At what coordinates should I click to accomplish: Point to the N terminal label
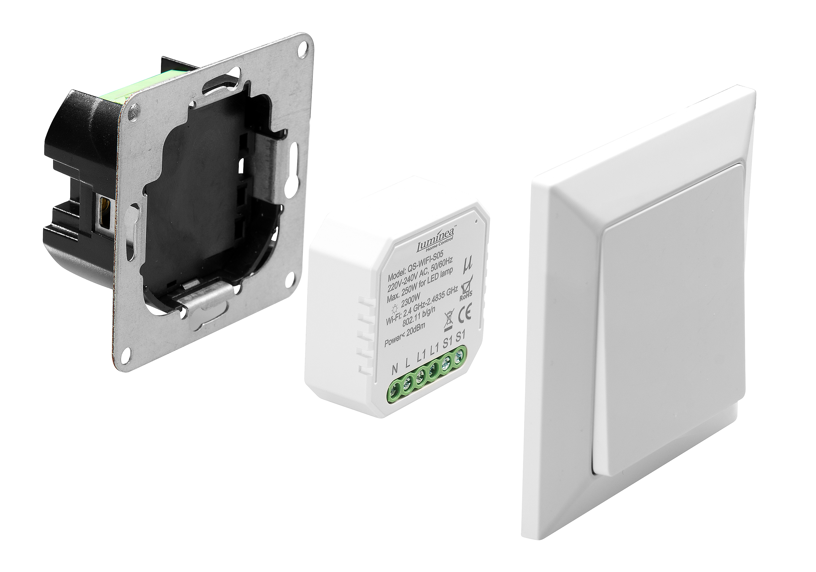coord(394,369)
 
